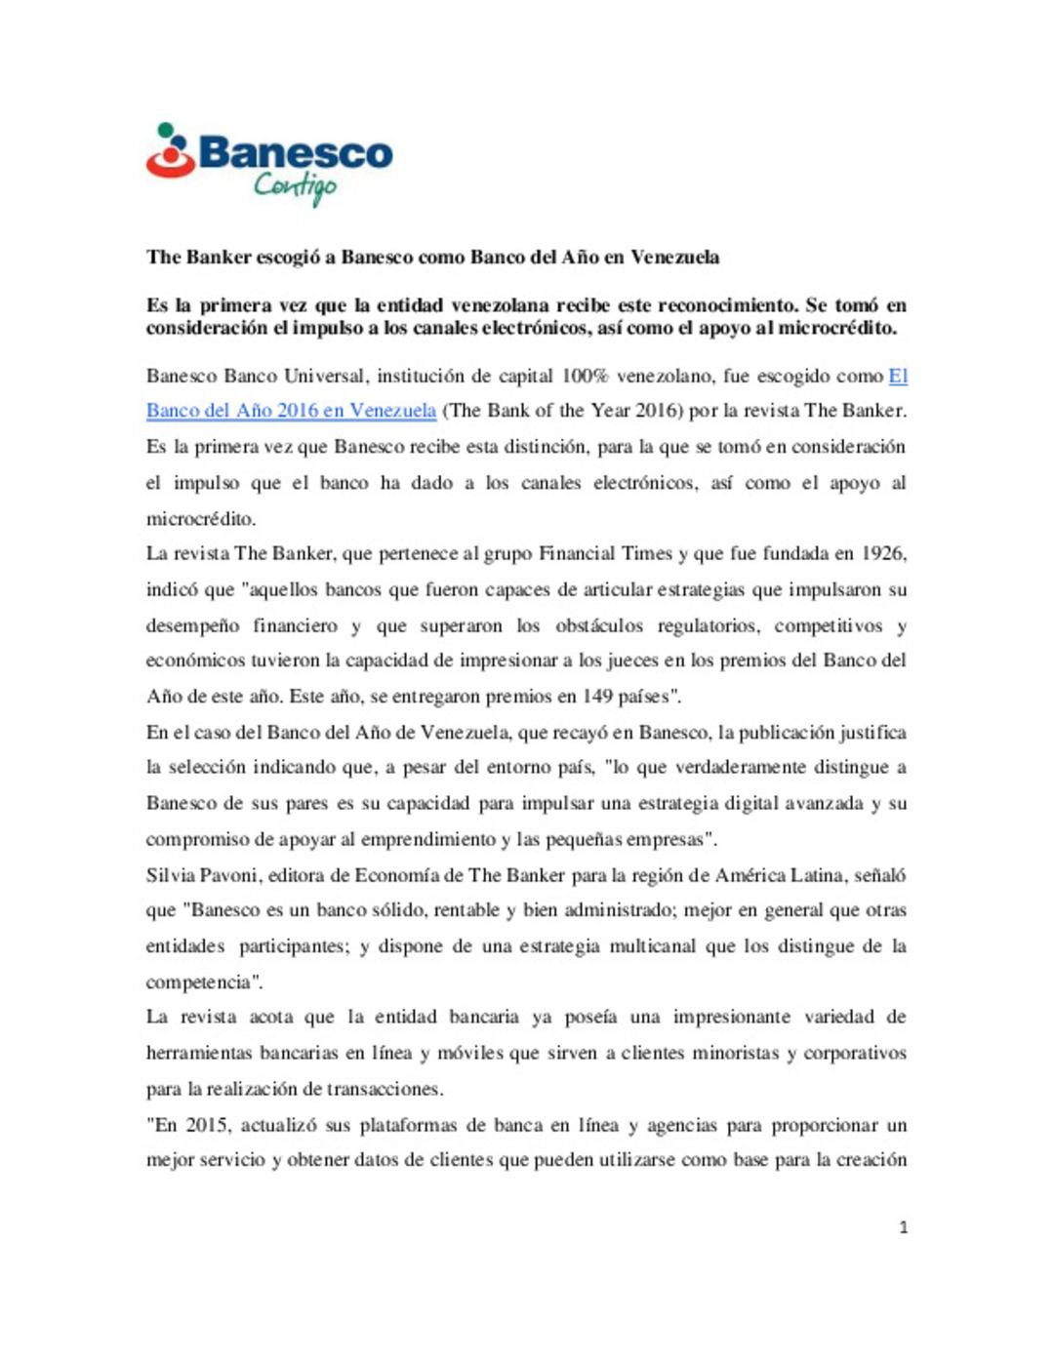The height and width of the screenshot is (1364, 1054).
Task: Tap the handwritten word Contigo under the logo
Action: click(295, 185)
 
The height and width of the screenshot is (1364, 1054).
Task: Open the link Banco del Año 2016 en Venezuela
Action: click(291, 411)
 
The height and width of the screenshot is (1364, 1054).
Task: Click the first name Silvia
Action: click(171, 876)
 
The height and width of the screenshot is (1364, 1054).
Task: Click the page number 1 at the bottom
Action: click(903, 1228)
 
